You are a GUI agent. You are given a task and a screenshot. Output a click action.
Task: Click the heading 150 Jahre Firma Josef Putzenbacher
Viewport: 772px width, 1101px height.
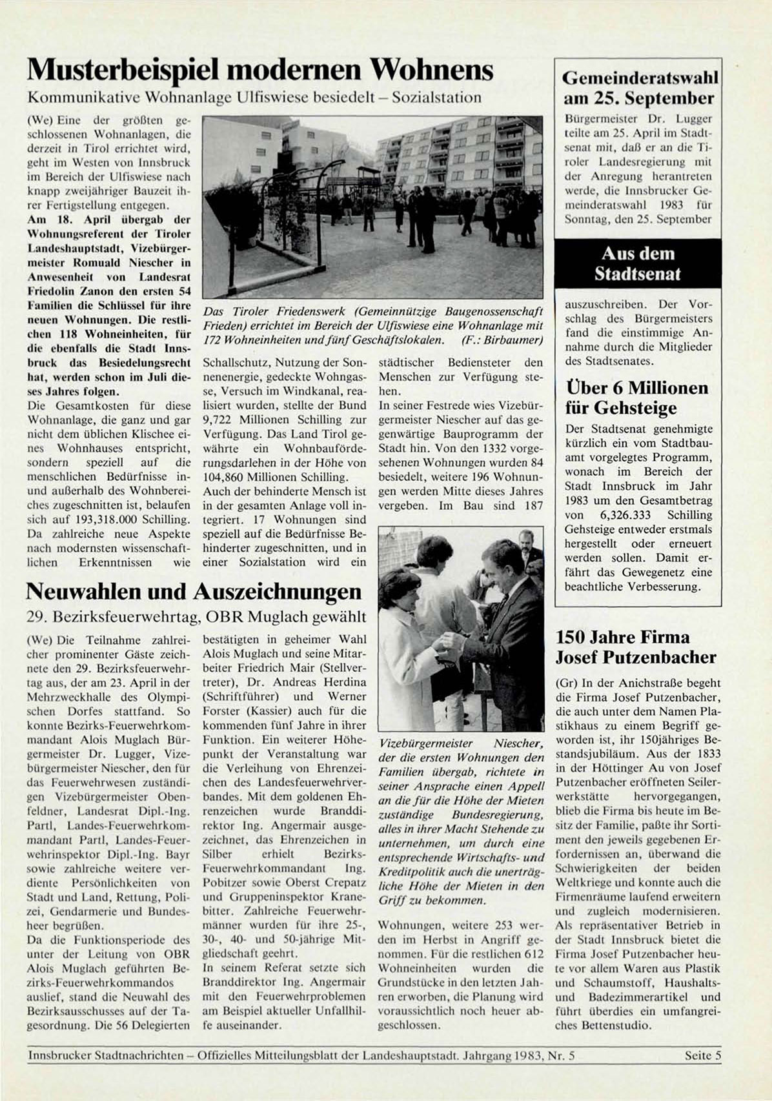(636, 647)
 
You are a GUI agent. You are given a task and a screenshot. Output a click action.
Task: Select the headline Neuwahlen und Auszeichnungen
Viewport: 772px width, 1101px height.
(193, 591)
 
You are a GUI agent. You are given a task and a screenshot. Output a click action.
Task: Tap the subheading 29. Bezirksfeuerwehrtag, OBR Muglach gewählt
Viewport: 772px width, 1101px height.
(191, 617)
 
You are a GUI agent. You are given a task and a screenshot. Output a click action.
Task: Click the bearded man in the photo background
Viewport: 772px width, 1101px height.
(527, 542)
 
